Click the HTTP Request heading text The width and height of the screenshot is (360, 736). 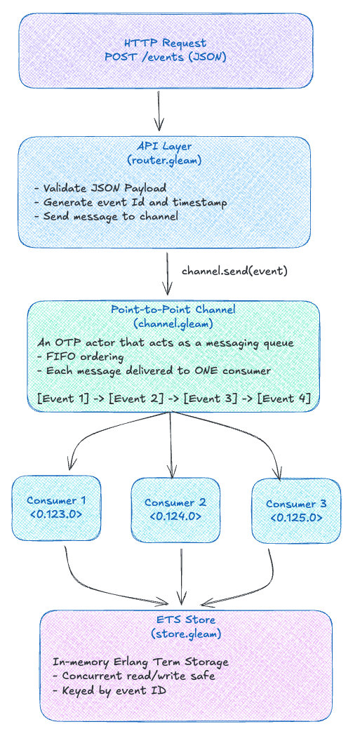[166, 44]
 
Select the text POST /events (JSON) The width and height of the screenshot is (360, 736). [166, 57]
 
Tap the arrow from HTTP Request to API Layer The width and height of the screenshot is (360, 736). [160, 107]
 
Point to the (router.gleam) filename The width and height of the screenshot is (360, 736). [165, 161]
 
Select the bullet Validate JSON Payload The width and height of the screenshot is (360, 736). [100, 188]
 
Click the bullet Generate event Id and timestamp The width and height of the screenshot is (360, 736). [131, 202]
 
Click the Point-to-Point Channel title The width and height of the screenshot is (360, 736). [173, 310]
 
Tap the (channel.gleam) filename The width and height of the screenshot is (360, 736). [173, 323]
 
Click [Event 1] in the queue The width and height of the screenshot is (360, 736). [63, 399]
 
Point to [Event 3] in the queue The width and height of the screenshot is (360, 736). [210, 399]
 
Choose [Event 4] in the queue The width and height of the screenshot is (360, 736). [284, 399]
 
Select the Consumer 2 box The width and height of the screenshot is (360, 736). [175, 509]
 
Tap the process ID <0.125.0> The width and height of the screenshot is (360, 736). [295, 518]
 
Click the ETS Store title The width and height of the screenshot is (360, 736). [185, 620]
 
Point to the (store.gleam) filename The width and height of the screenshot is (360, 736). [185, 634]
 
